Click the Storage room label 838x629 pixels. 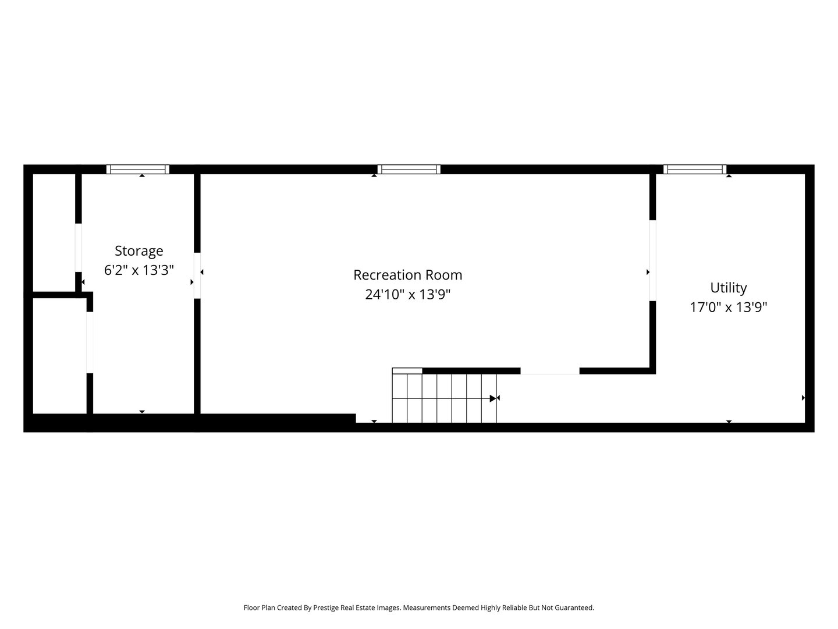click(139, 251)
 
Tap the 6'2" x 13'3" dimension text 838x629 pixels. click(139, 270)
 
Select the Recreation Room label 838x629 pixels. click(407, 275)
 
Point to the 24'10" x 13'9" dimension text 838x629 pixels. click(407, 295)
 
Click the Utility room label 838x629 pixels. click(728, 288)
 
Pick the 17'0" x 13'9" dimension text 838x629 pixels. click(728, 307)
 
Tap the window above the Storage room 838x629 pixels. click(138, 169)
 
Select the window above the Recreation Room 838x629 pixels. click(409, 169)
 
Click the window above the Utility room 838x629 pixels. click(695, 169)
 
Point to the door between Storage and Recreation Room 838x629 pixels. click(197, 275)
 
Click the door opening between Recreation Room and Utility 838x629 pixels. click(652, 260)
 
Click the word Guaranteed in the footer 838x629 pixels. click(573, 607)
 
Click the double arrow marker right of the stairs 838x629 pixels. click(495, 398)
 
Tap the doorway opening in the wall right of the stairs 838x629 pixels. click(549, 371)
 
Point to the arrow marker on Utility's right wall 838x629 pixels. click(803, 398)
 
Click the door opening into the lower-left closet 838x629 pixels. click(90, 342)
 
